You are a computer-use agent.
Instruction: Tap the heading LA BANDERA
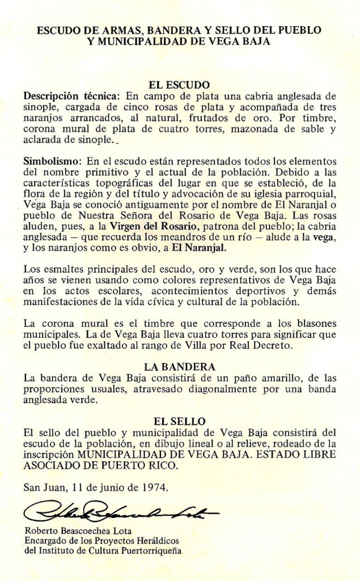click(x=179, y=367)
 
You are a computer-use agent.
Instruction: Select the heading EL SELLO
click(x=179, y=421)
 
